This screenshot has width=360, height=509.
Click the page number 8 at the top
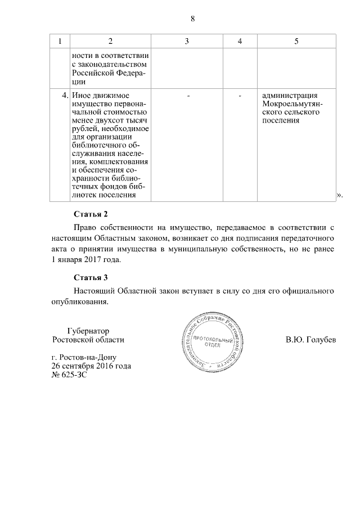coord(192,18)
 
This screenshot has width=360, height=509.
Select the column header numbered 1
coord(60,41)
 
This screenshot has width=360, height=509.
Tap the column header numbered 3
coord(186,41)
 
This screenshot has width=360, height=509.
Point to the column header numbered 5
coord(296,41)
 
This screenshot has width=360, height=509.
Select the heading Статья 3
coord(90,277)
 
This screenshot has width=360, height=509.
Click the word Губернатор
coord(88,331)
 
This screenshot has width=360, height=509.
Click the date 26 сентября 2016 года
coord(91,366)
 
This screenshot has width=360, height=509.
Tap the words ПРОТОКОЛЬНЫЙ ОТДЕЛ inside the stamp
coord(213,343)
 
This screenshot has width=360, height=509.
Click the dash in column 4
coord(240,96)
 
